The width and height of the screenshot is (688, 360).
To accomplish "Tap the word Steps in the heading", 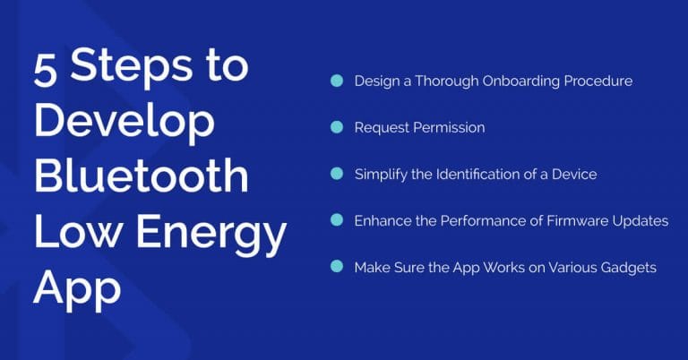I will pos(135,70).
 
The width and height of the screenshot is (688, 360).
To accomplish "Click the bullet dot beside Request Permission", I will pos(337,127).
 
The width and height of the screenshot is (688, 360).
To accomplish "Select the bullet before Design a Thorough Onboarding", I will pos(337,81).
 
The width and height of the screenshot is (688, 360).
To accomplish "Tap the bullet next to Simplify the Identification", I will pos(337,174).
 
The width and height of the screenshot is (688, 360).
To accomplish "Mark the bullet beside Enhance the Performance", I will pos(337,220).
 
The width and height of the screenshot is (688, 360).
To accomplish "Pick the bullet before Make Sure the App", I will pos(337,267).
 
